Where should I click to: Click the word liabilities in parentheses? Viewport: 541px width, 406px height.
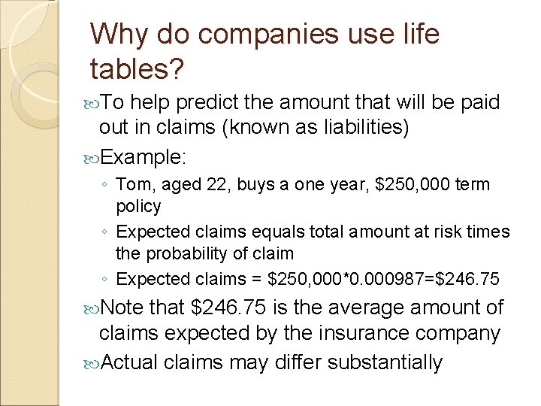[357, 128]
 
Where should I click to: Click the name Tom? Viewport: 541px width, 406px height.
[134, 184]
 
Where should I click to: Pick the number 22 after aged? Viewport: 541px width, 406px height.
[211, 185]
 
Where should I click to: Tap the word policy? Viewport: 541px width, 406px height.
[138, 205]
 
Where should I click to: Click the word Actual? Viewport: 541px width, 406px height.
[128, 362]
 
